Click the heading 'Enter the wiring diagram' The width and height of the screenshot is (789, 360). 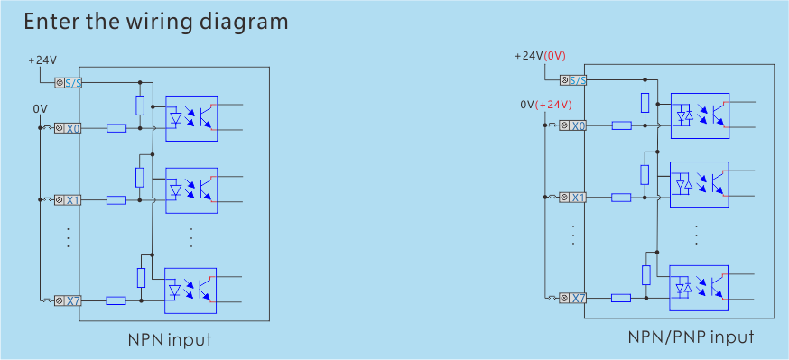(x=156, y=22)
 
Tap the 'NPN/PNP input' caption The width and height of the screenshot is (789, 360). (x=691, y=337)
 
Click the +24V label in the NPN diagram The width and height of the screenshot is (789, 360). (x=42, y=60)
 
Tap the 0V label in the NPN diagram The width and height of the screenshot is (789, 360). (x=40, y=108)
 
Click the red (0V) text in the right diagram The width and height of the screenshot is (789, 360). (x=554, y=56)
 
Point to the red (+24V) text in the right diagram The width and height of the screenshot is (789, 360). (x=554, y=105)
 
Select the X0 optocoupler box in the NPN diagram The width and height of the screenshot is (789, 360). (x=191, y=117)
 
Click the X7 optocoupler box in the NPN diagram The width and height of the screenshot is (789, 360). (x=191, y=289)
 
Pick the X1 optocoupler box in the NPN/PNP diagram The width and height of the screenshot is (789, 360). (x=700, y=185)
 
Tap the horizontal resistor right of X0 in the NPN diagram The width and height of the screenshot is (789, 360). (x=116, y=128)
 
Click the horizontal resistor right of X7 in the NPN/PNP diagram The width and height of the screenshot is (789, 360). (x=621, y=298)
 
